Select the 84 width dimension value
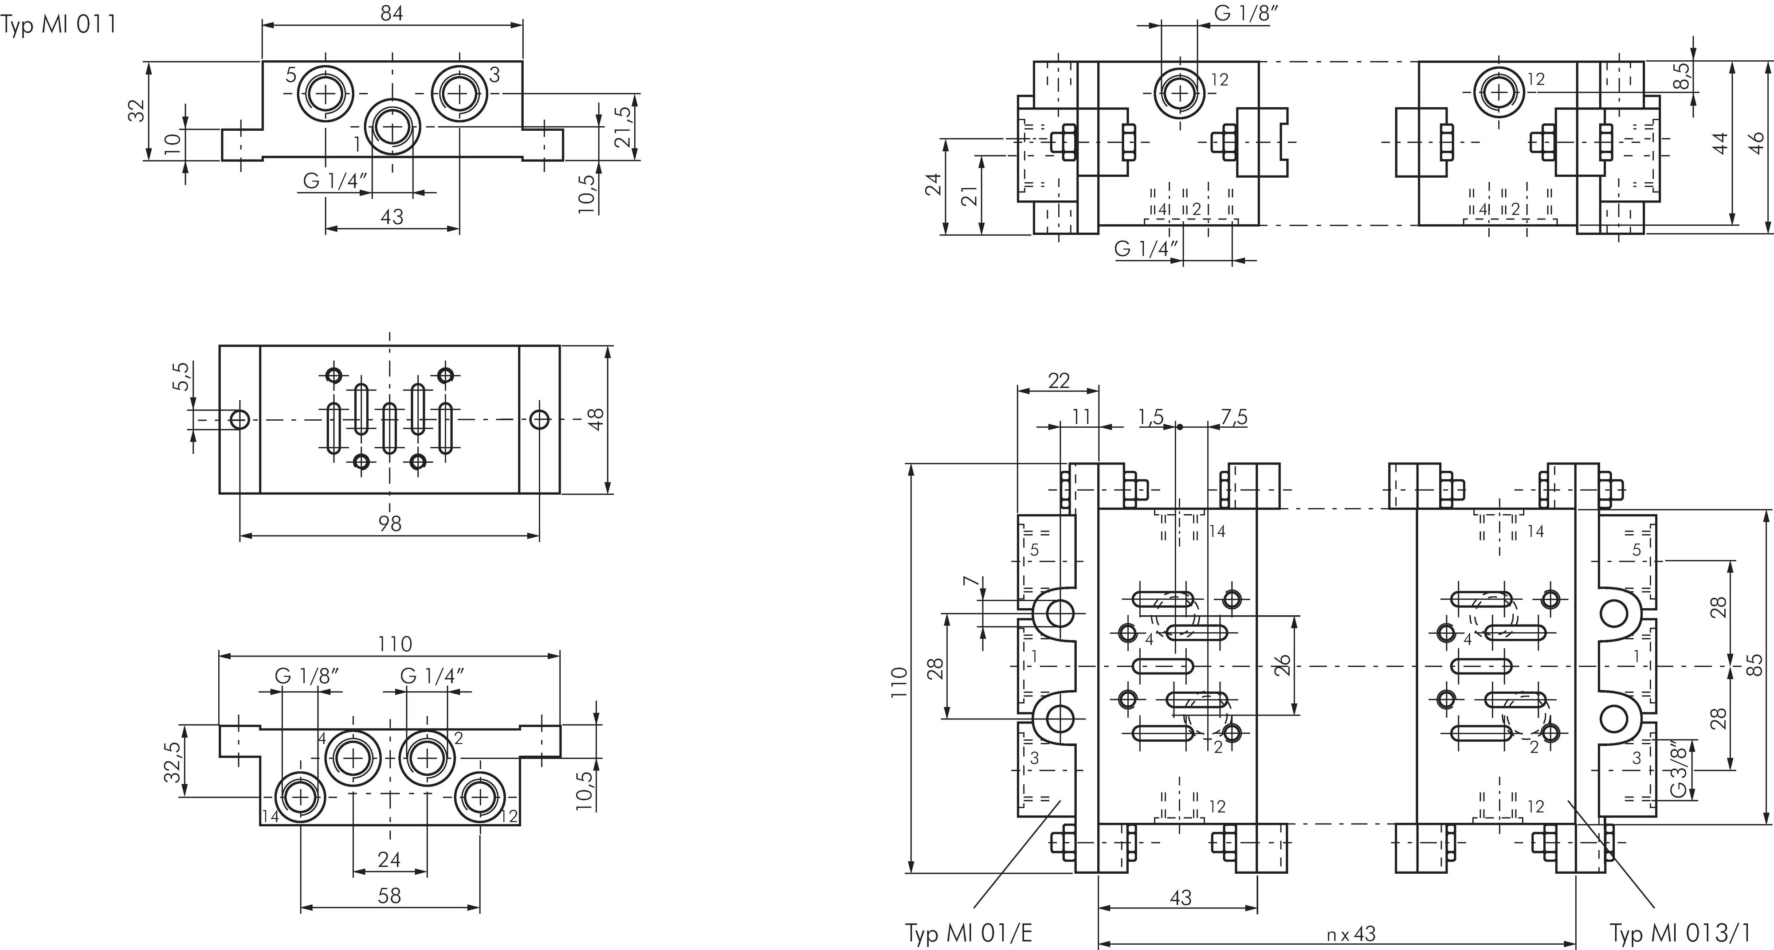(x=392, y=14)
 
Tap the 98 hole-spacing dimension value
(x=390, y=524)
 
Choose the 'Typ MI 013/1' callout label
(x=1680, y=934)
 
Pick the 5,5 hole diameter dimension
(x=181, y=376)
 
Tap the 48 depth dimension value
(x=597, y=419)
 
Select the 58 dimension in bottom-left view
(x=390, y=895)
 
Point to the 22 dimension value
(x=1059, y=381)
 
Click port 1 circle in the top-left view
(x=392, y=128)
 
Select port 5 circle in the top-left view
(x=325, y=93)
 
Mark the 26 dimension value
(x=1282, y=665)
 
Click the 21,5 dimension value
(x=623, y=127)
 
